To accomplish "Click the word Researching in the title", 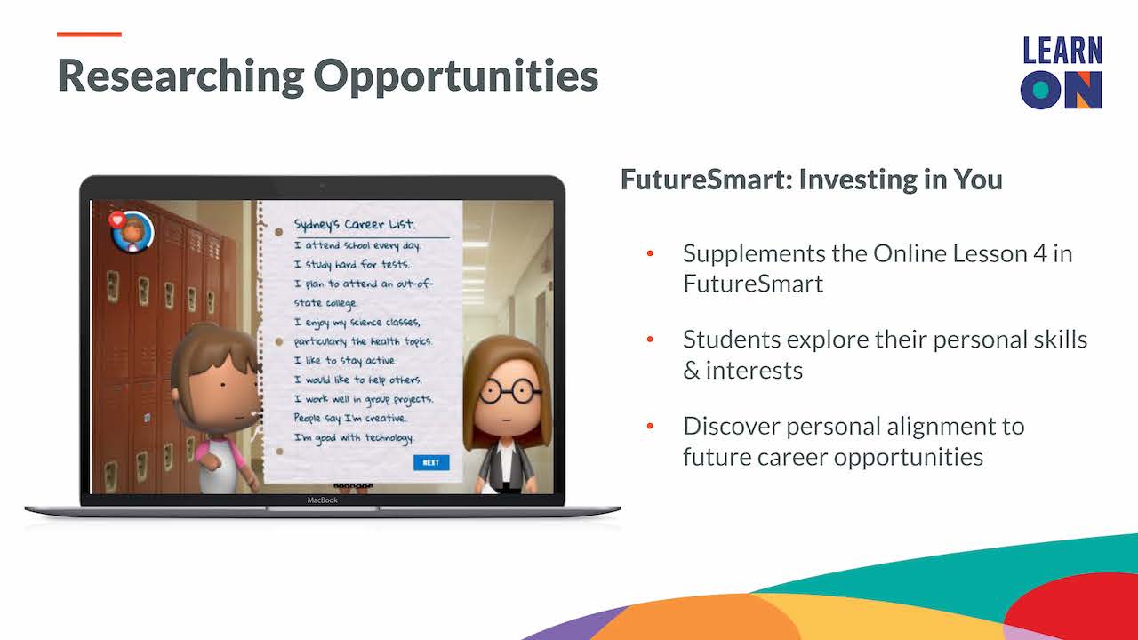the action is (180, 76).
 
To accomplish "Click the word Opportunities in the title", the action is (456, 76).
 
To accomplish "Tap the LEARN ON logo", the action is (1062, 73).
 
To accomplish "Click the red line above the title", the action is (89, 35).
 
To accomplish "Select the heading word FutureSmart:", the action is (706, 180).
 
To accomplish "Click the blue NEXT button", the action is (431, 462).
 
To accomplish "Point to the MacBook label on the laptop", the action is (322, 500).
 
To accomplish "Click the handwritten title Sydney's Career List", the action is (355, 225).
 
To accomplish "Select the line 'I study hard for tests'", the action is (351, 264).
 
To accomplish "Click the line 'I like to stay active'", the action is (345, 360).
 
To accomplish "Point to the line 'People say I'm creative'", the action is (350, 418).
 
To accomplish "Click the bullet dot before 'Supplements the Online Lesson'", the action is (650, 253).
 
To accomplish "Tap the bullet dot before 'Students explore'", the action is (650, 340).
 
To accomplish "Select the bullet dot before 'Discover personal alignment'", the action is (650, 426).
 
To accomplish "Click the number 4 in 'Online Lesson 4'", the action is (1040, 253).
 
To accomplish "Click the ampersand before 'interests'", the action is (692, 371).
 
